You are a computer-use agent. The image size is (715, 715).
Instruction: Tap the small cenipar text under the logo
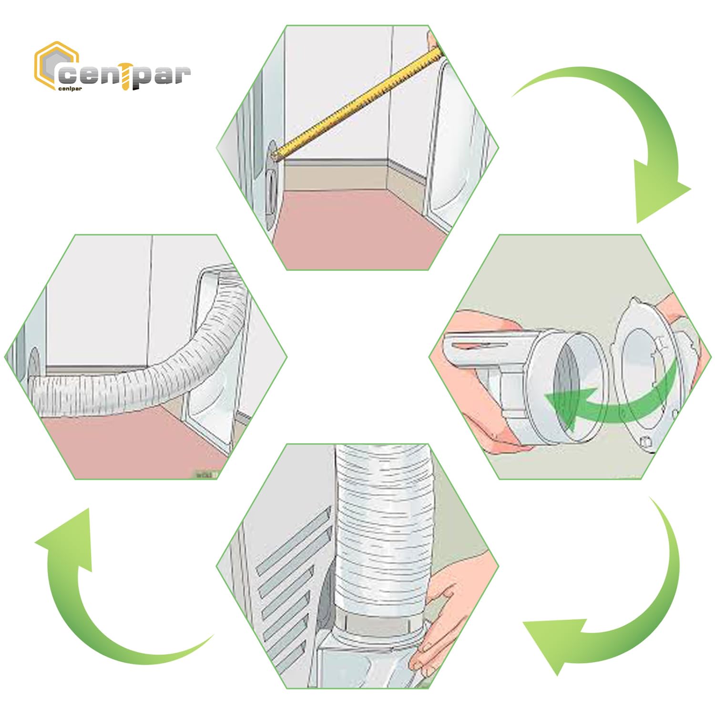pos(70,89)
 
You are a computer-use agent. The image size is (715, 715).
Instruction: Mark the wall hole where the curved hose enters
pos(34,367)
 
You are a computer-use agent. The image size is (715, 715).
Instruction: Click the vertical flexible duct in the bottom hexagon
pos(381,529)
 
